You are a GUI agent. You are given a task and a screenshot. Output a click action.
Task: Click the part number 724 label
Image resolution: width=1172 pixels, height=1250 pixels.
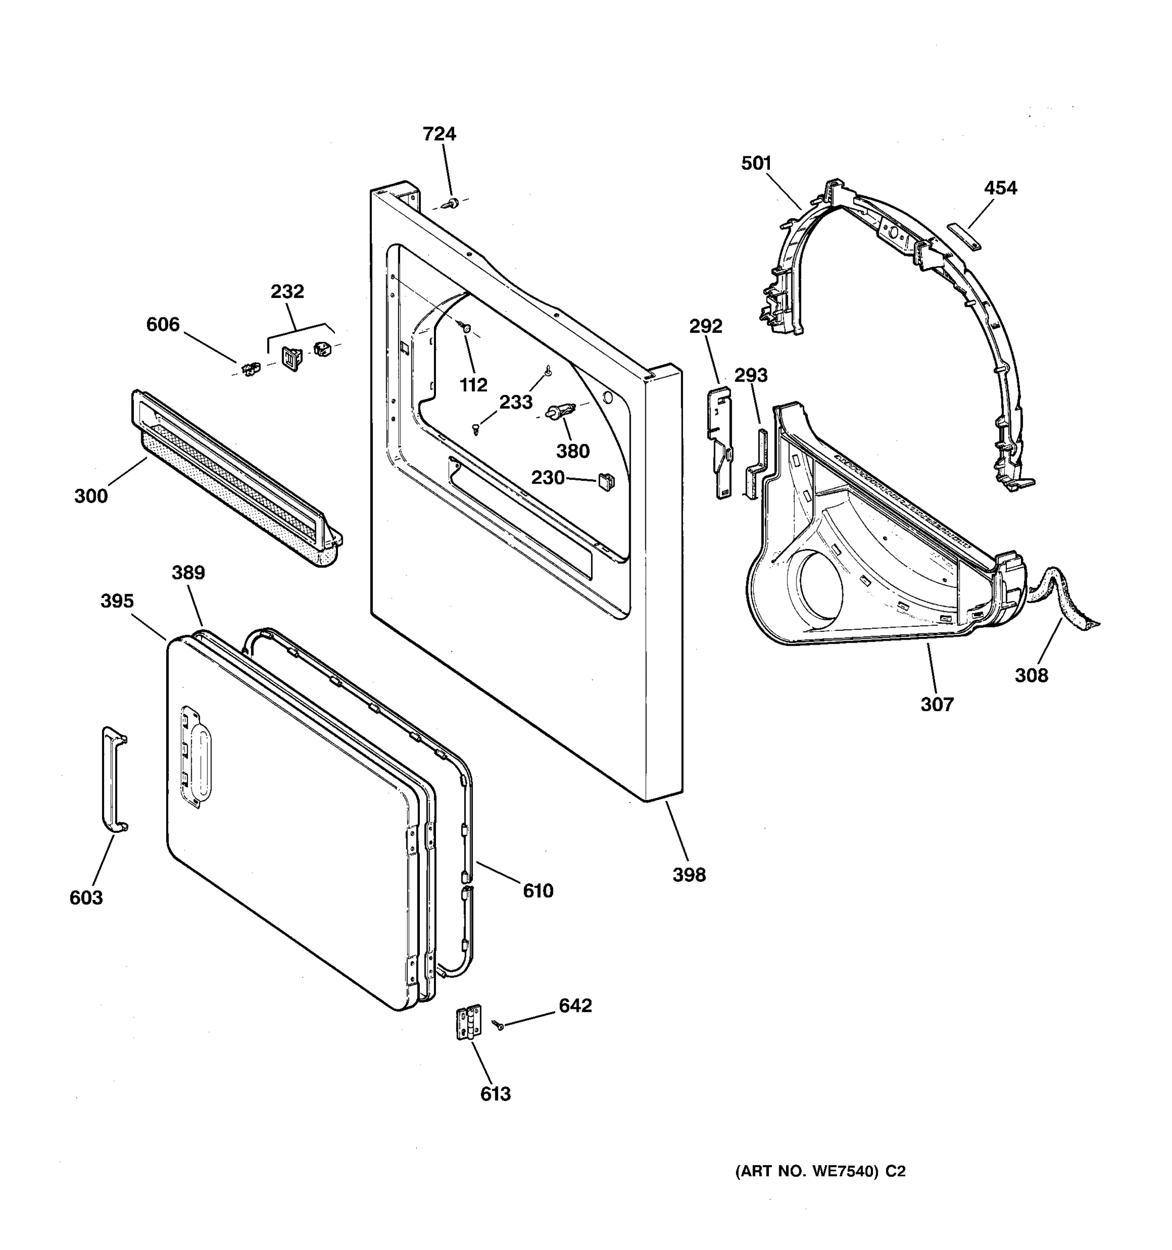(439, 134)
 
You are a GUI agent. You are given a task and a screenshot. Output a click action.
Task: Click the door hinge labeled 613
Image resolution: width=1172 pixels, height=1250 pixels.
(468, 1022)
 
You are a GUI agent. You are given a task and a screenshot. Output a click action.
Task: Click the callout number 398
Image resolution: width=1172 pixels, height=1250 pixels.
(689, 874)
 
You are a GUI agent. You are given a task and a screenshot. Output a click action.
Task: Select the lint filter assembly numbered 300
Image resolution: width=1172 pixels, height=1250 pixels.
(236, 479)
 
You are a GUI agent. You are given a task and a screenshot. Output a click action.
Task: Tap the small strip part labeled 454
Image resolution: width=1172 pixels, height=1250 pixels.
(964, 236)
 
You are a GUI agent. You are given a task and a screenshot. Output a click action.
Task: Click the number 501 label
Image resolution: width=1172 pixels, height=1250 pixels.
(756, 164)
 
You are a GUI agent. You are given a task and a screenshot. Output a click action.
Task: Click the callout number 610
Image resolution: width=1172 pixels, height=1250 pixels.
(538, 891)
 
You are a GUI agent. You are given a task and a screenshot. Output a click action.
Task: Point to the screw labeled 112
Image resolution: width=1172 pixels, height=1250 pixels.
(466, 327)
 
